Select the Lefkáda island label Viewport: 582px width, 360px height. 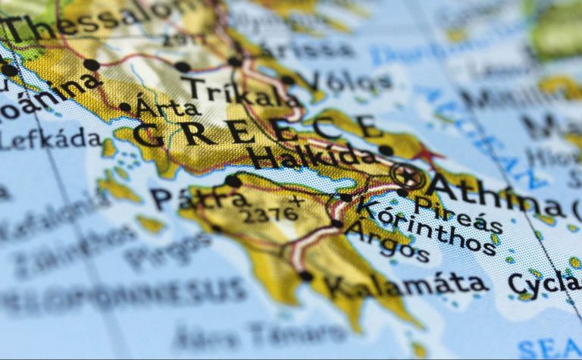50,139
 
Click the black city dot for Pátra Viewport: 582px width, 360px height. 233,182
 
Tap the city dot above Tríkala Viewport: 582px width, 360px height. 183,67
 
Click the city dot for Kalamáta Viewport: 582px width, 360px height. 305,276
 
